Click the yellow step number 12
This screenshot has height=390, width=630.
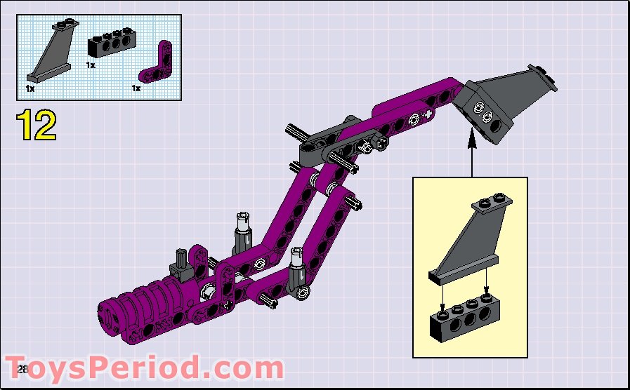click(37, 126)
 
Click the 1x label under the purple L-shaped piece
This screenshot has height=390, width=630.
click(136, 89)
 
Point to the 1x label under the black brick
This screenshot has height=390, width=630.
click(91, 65)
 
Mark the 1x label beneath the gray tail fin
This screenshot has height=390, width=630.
click(30, 89)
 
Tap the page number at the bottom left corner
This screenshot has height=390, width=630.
click(21, 369)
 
